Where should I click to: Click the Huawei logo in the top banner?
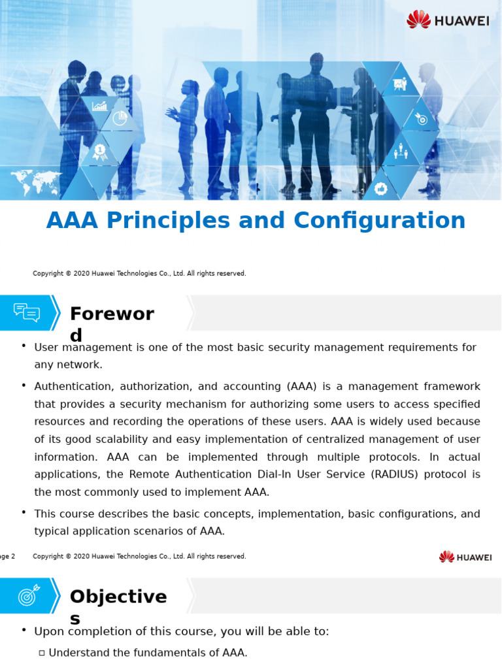pyautogui.click(x=448, y=20)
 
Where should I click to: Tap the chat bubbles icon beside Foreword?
pyautogui.click(x=27, y=312)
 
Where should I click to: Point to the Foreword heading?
pyautogui.click(x=112, y=315)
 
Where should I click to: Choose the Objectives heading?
pyautogui.click(x=118, y=597)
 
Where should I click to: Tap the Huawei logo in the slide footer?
pyautogui.click(x=465, y=557)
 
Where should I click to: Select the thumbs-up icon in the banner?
pyautogui.click(x=381, y=189)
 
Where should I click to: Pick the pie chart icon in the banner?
pyautogui.click(x=120, y=118)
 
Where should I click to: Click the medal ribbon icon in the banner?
pyautogui.click(x=99, y=152)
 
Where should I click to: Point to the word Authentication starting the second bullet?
pyautogui.click(x=72, y=387)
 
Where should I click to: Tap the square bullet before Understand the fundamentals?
pyautogui.click(x=42, y=653)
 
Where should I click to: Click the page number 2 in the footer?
pyautogui.click(x=12, y=557)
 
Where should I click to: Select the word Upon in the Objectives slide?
pyautogui.click(x=48, y=632)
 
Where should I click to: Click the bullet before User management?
pyautogui.click(x=24, y=346)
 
